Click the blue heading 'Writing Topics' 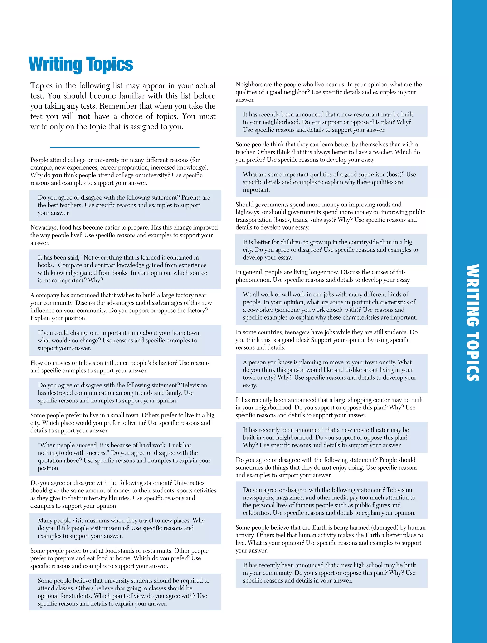click(81, 64)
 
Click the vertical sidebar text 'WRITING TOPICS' click(472, 323)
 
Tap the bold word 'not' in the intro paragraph click(84, 116)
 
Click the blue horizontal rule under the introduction click(125, 147)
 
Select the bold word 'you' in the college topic click(57, 175)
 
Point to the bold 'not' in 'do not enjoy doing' click(326, 468)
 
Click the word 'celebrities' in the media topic click(256, 513)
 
